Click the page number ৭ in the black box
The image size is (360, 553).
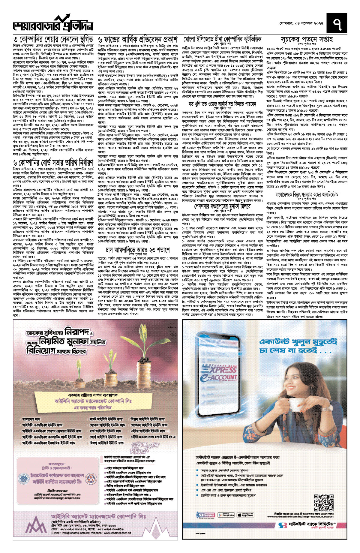click(337, 24)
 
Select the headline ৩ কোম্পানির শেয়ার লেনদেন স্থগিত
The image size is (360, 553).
click(53, 39)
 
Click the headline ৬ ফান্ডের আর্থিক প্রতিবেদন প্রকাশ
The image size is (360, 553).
click(138, 40)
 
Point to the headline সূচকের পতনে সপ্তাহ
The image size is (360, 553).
click(307, 39)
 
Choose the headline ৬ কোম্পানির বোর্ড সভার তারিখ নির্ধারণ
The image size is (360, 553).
click(53, 163)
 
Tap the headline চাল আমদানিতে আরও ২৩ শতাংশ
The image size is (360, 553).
click(138, 250)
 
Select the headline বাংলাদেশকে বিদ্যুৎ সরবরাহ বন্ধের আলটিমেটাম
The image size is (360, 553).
click(307, 194)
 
